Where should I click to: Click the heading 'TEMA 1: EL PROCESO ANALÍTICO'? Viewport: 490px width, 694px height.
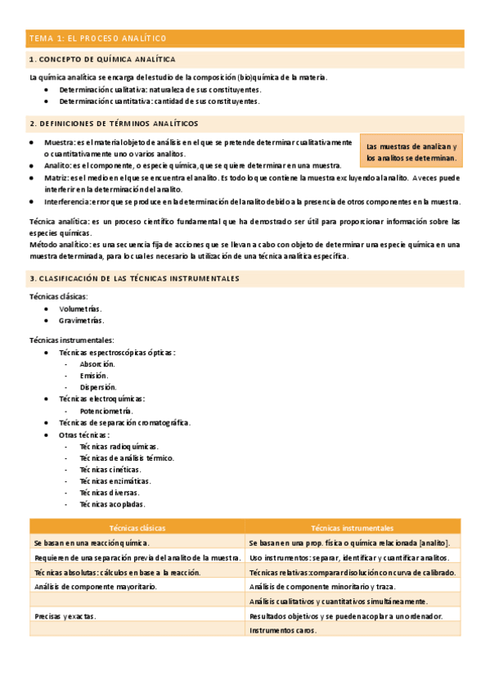click(x=97, y=38)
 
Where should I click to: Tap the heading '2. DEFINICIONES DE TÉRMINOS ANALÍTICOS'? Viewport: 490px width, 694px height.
click(x=113, y=124)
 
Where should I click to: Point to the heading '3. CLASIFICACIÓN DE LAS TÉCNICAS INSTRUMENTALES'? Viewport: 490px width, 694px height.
click(x=134, y=279)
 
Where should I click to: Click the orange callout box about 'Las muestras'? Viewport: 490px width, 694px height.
click(x=411, y=151)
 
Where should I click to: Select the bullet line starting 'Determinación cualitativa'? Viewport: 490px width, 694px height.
click(x=160, y=89)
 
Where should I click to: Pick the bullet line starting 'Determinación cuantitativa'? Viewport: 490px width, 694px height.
click(x=160, y=101)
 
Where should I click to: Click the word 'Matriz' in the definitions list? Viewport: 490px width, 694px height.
click(x=56, y=177)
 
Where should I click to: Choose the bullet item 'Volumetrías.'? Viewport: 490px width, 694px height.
click(x=80, y=309)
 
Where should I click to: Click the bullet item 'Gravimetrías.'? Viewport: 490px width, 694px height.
click(x=82, y=321)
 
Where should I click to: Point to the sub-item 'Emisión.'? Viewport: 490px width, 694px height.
click(x=94, y=376)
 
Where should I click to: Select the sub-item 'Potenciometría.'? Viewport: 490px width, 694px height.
click(x=106, y=410)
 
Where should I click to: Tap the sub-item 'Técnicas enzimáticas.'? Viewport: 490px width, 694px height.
click(x=110, y=481)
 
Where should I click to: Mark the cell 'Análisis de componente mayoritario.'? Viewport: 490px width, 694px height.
click(x=95, y=586)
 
